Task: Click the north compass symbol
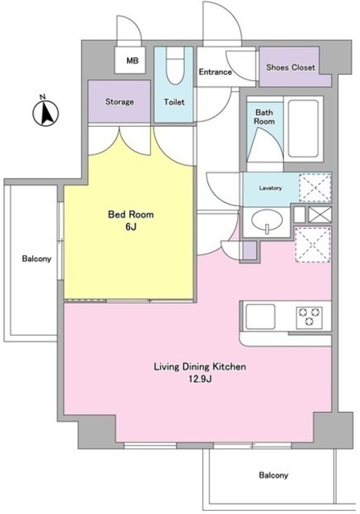click(45, 112)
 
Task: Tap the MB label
click(133, 61)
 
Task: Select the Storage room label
click(120, 102)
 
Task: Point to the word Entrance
click(215, 71)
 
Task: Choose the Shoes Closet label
click(291, 67)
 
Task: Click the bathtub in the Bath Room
click(303, 128)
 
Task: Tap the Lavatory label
click(271, 188)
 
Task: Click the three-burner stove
click(309, 318)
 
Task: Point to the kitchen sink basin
click(260, 316)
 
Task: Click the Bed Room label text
click(131, 214)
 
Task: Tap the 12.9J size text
click(200, 379)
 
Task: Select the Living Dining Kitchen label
click(200, 366)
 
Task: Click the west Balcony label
click(37, 259)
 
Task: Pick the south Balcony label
click(273, 475)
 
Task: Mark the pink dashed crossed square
click(313, 244)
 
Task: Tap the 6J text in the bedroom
click(130, 226)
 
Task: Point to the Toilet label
click(174, 102)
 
